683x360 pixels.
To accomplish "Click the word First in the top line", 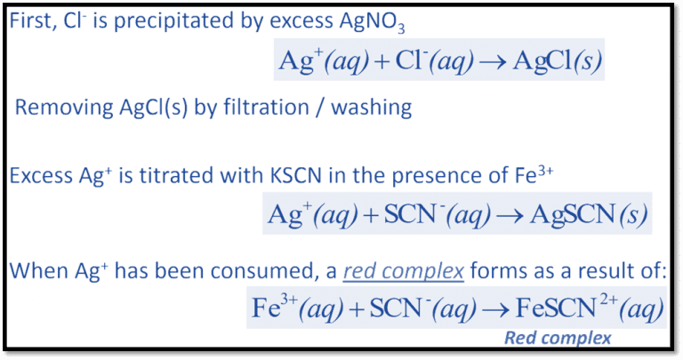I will pyautogui.click(x=31, y=21).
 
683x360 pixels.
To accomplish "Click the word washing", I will pyautogui.click(x=376, y=108).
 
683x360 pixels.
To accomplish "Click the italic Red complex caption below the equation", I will pyautogui.click(x=558, y=338).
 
